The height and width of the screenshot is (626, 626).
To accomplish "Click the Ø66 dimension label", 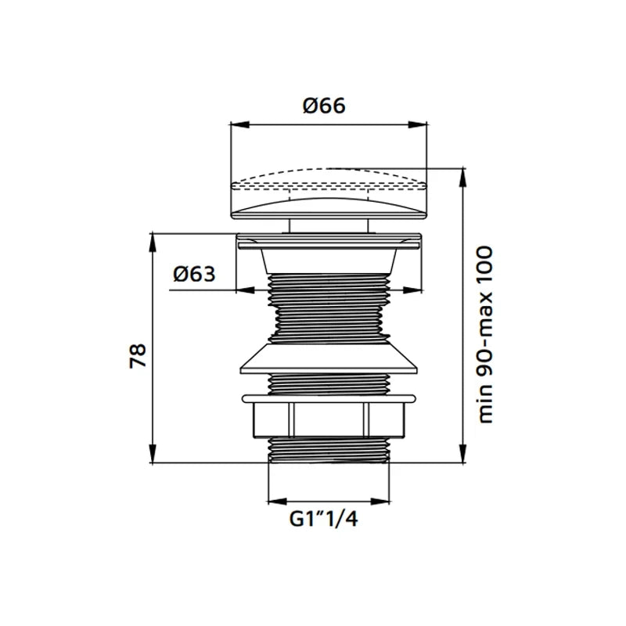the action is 324,106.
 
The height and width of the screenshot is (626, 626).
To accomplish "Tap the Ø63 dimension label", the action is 194,275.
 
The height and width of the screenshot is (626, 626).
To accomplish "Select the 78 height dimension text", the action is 139,355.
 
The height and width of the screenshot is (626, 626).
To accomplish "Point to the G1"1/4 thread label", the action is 324,520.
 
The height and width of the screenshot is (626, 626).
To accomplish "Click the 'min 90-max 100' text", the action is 484,335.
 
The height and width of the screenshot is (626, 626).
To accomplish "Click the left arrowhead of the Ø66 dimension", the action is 240,124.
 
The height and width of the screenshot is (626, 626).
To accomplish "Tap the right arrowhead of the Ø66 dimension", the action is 418,124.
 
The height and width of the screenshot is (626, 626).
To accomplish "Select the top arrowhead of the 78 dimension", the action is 152,243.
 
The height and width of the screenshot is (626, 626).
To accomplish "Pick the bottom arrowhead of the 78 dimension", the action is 152,454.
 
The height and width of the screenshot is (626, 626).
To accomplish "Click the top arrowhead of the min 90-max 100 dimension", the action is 463,178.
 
